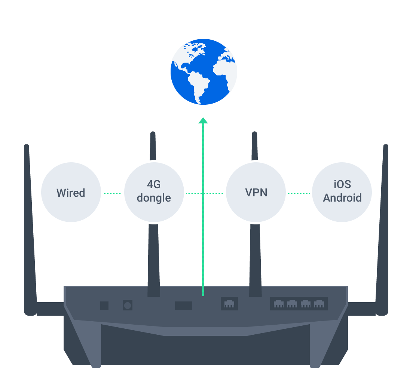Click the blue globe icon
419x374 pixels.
point(204,72)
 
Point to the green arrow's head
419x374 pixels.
point(203,120)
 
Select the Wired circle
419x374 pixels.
point(71,193)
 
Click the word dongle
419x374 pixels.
point(154,198)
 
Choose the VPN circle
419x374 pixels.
point(256,193)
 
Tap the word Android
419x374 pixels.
point(342,198)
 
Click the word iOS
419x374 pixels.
point(342,185)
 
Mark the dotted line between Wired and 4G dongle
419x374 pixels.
point(113,193)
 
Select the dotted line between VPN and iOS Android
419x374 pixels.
point(299,193)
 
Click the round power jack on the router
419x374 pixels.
point(128,305)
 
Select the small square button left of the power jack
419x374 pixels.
point(104,305)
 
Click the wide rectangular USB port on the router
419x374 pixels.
point(184,305)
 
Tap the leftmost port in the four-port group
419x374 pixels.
point(279,303)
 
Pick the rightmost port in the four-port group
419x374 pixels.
point(319,303)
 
